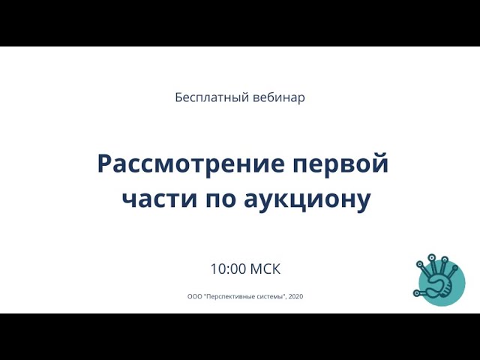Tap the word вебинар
[x=279, y=97]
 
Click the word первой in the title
[x=340, y=164]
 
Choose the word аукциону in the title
[x=307, y=201]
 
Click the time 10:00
[x=228, y=268]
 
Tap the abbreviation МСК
[x=265, y=268]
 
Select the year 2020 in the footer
[x=295, y=296]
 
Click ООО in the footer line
[x=193, y=296]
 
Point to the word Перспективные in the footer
[x=228, y=296]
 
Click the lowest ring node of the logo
[x=416, y=293]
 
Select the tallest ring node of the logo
[x=432, y=257]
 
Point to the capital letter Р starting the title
[x=104, y=164]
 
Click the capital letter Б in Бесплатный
[x=179, y=98]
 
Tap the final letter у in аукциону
[x=363, y=202]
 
